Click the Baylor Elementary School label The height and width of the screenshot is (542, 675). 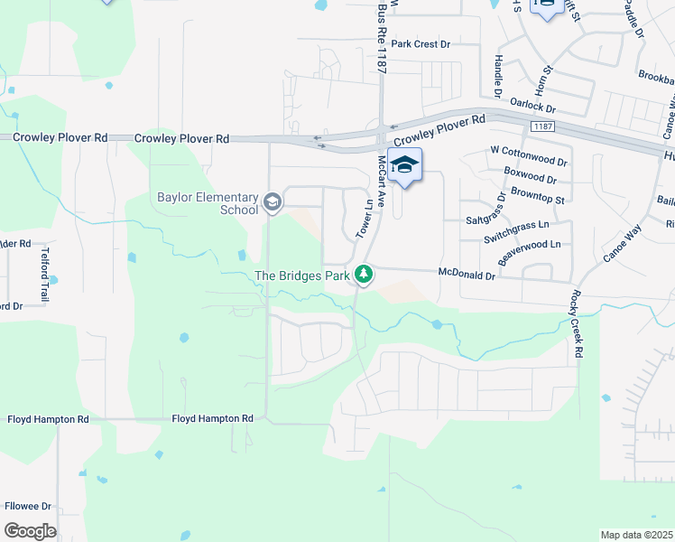click(207, 203)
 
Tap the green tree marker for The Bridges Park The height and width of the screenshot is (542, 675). click(364, 273)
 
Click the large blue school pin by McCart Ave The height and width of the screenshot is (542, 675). click(405, 166)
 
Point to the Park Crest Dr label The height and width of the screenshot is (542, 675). click(421, 43)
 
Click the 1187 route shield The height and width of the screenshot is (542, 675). click(543, 127)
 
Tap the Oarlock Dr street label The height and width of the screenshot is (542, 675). click(532, 106)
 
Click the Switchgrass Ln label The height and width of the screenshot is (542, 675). click(515, 225)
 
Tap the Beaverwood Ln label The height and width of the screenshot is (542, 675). click(529, 244)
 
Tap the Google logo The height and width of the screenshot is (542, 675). click(31, 531)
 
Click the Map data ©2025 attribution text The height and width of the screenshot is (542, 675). click(636, 535)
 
